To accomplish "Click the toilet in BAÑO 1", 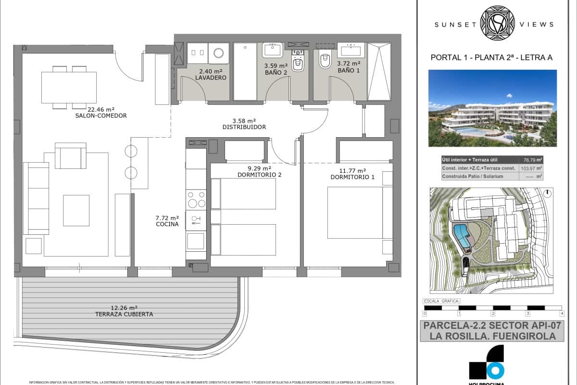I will point(325,60).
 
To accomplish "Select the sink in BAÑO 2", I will point(272,49).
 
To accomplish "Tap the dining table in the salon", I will point(69,87).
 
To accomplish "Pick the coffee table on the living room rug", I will point(76,210).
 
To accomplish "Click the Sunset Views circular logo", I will point(498,24).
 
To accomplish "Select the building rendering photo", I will point(492,108).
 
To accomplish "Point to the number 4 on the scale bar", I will point(561,313).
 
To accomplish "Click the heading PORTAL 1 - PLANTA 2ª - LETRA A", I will point(491,58).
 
